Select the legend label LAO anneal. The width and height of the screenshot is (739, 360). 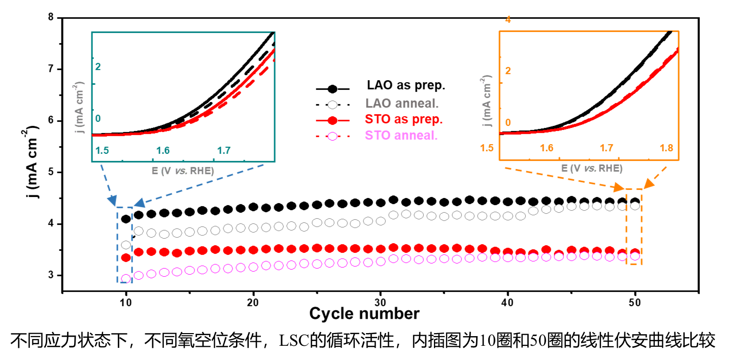pos(402,103)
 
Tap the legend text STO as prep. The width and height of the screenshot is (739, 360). pos(404,120)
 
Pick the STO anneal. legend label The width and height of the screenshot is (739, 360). pos(401,136)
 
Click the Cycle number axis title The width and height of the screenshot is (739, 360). pos(364,314)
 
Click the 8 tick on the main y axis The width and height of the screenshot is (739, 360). pos(50,17)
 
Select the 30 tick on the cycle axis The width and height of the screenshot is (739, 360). pos(380,301)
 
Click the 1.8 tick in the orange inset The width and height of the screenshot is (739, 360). pos(666,148)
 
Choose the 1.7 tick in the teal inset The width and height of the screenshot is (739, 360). pos(224,151)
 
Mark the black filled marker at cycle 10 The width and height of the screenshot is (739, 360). pos(126,219)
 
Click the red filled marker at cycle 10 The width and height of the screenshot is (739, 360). pos(126,257)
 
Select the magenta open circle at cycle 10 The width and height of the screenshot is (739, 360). pos(126,278)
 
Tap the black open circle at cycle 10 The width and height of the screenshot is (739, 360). pos(126,245)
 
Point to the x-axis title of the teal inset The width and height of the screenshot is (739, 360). pos(183,171)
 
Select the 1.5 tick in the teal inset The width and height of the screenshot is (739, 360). pos(103,151)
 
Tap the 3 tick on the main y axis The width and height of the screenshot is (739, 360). pos(50,275)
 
